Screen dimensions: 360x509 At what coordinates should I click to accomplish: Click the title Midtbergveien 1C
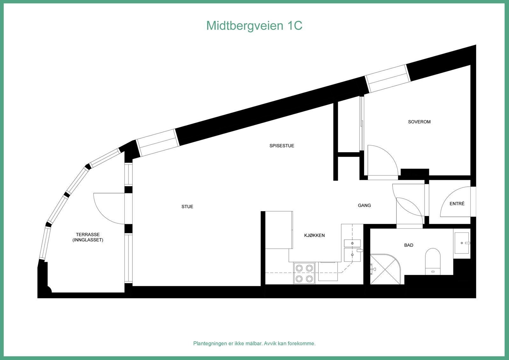click(x=254, y=25)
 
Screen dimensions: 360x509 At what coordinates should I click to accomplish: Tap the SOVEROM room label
click(x=419, y=122)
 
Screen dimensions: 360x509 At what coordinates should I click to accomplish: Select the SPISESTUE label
click(x=282, y=146)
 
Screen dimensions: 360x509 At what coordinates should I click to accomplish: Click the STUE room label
click(x=187, y=207)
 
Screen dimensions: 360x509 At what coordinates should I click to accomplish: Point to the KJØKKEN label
click(x=314, y=236)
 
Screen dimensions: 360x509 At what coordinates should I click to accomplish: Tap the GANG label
click(x=364, y=205)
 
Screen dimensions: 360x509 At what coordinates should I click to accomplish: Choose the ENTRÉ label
click(x=457, y=204)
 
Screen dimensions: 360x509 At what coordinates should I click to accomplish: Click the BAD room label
click(x=408, y=245)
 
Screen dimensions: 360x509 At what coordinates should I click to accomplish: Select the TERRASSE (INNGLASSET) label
click(x=88, y=237)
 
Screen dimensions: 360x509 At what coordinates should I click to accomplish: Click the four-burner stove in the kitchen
click(x=304, y=273)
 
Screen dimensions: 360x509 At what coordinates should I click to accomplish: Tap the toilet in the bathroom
click(x=433, y=261)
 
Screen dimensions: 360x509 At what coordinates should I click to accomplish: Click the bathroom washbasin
click(x=462, y=243)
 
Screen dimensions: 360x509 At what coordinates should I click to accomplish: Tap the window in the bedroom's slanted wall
click(x=387, y=78)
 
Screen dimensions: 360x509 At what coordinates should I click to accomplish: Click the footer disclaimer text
click(x=254, y=343)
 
